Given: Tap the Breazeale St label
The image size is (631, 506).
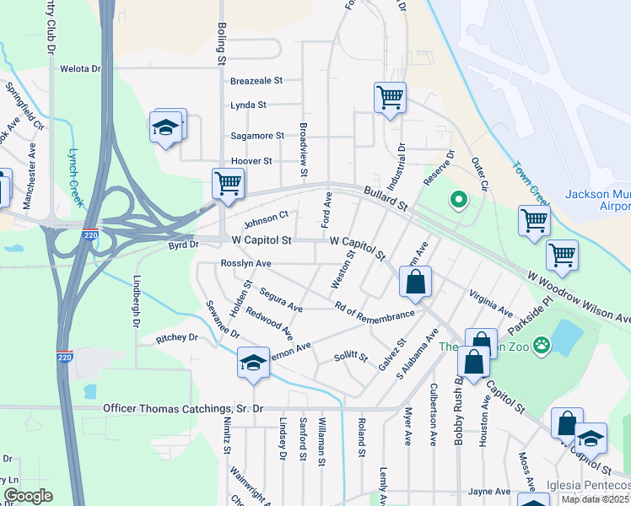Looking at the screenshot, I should tap(256, 82).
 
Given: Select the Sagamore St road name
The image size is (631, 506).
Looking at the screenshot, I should tap(257, 136).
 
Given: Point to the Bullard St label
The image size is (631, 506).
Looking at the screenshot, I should tap(386, 199).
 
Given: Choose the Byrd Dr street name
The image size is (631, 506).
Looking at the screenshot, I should tap(182, 245).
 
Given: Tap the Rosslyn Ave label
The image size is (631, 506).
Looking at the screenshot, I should tap(245, 263).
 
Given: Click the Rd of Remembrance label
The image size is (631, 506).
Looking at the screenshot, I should tap(374, 311).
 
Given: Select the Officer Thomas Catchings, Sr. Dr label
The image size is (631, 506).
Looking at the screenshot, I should tap(183, 408).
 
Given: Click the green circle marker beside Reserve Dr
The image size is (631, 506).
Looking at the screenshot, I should tap(459, 200).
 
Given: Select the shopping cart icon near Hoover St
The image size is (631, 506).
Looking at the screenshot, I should tap(228, 182).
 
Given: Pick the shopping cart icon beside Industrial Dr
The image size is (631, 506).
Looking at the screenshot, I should tap(390, 97).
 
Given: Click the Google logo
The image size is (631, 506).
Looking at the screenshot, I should tap(28, 496).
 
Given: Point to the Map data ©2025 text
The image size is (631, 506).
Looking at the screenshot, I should tap(595, 499).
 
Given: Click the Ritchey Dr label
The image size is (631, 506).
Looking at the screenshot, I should tap(176, 338).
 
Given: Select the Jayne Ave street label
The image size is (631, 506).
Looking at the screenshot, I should tap(490, 492).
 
